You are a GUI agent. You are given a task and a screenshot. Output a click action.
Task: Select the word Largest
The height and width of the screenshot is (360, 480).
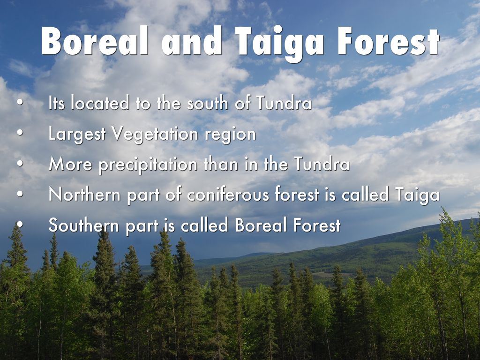pos(78,134)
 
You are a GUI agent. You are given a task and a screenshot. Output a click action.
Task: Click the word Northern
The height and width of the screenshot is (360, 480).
pos(84,195)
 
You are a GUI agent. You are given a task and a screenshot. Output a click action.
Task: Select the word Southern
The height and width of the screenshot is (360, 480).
pos(85,225)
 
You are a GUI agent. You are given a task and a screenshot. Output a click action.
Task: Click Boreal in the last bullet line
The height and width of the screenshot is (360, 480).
pos(261,225)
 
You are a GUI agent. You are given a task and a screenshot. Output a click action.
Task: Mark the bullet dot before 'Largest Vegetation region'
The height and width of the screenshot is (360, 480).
pos(20,134)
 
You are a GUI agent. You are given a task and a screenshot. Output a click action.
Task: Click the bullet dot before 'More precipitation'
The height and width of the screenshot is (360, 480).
pos(20,165)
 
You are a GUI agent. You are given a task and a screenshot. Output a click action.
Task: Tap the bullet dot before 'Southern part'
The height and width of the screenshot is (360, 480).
pos(20,225)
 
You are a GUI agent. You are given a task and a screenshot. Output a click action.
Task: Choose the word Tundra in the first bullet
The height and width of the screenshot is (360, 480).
pos(284,104)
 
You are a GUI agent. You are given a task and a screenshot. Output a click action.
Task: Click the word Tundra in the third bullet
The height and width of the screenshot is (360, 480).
pos(322,165)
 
